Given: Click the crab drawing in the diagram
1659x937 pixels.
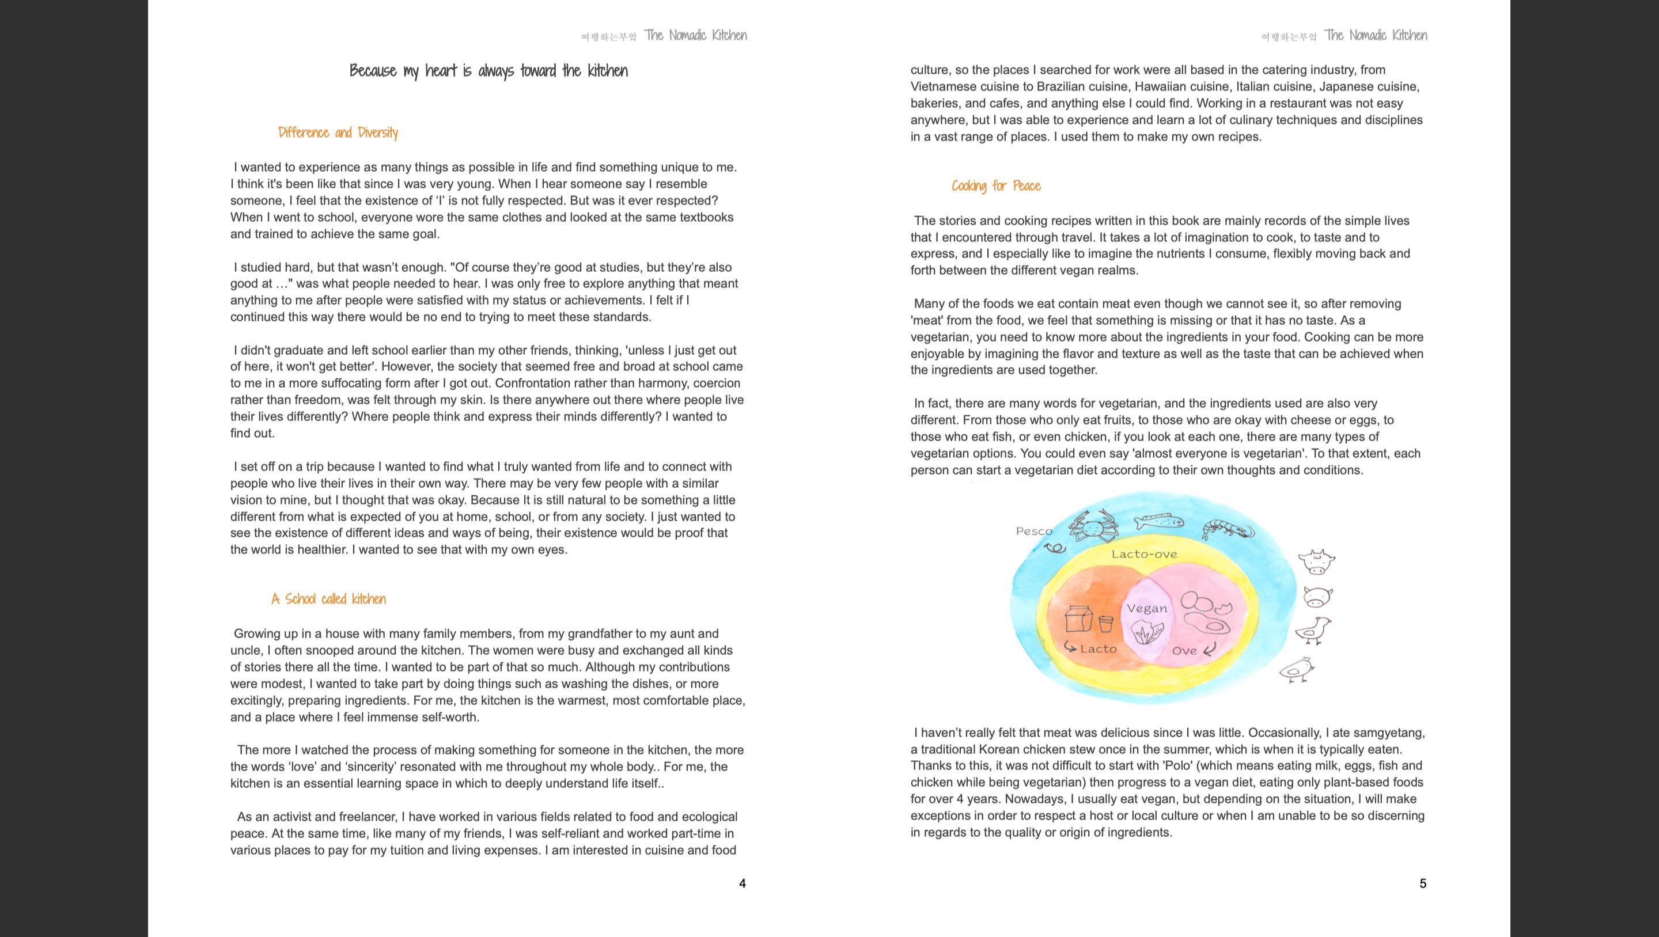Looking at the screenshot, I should coord(1093,527).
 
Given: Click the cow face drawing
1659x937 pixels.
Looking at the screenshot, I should coord(1316,562).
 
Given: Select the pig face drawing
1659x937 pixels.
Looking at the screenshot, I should coord(1317,596).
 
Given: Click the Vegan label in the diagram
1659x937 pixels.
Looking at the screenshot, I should coord(1146,609).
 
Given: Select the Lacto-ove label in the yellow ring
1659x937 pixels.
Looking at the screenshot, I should coord(1144,555).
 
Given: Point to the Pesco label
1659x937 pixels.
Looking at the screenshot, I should coord(1033,532).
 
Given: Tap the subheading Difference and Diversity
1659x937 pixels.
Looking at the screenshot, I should coord(338,132).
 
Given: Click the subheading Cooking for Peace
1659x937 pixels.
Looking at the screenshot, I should coord(995,186).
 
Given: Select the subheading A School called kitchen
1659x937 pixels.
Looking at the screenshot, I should coord(328,599).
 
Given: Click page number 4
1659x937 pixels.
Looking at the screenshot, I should coord(742,883).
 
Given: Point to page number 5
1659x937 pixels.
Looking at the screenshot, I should coord(1423,883).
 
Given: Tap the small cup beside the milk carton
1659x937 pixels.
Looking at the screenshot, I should coord(1106,623).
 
